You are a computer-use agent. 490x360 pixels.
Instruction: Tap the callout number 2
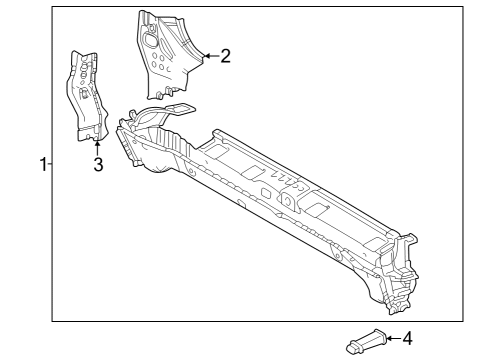[x=225, y=56]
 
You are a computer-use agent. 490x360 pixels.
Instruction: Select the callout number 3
[x=98, y=165]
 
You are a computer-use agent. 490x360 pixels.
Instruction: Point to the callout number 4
[x=406, y=339]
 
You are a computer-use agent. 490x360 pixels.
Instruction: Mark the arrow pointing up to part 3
[x=97, y=146]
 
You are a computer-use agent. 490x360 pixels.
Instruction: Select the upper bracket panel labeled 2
[x=165, y=50]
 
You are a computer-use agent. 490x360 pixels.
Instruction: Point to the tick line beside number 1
[x=50, y=165]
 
